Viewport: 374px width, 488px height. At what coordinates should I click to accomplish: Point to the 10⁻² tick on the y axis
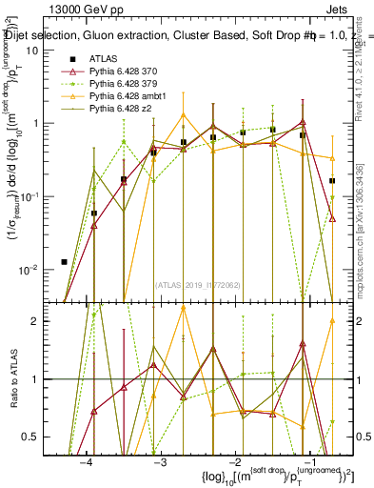[x=30, y=269]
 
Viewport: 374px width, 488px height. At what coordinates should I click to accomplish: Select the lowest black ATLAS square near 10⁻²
[x=64, y=261]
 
